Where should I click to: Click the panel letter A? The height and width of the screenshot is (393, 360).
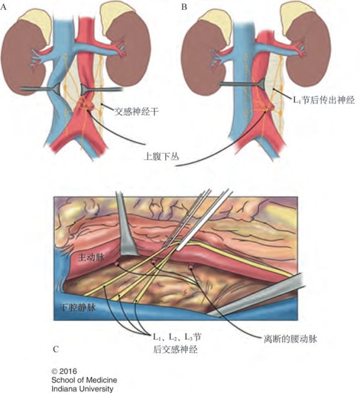4,7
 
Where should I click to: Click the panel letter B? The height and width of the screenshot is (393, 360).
184,7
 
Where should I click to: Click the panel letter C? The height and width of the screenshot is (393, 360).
56,349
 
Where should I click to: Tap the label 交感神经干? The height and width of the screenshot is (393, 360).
136,112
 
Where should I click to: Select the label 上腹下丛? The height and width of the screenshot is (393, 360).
162,157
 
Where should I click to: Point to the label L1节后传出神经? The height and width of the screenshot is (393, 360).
324,100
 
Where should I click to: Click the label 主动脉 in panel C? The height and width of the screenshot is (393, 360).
91,257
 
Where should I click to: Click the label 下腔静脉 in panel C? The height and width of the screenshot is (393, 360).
77,307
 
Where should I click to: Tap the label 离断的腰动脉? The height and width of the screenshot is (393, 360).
291,339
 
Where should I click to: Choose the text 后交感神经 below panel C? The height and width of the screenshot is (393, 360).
175,349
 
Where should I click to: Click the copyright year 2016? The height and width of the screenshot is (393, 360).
68,371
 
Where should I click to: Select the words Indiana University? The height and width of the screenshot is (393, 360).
82,389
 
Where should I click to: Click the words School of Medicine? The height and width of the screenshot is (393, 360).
84,380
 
